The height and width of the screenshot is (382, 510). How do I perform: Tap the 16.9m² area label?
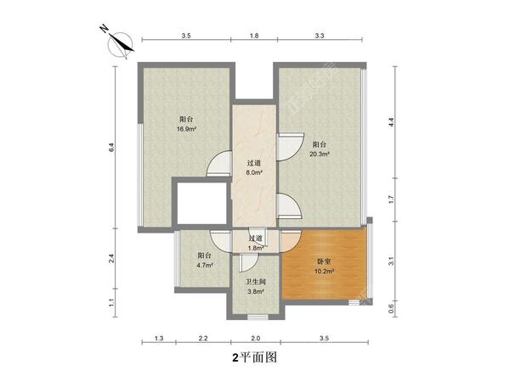pos(187,129)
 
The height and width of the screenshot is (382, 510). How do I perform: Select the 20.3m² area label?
pos(320,154)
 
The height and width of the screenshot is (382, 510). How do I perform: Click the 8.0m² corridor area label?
pos(253,172)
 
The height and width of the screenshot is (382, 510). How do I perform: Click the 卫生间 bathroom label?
pos(254,281)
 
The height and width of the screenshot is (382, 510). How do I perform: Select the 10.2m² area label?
pos(324,272)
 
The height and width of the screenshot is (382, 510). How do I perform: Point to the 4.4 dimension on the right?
pos(391,122)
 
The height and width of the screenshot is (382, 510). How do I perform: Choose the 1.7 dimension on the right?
pos(391,201)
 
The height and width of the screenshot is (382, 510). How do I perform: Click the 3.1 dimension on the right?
pos(391,261)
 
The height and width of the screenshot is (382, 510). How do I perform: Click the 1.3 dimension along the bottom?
pos(159,340)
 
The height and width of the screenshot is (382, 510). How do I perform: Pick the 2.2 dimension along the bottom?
pos(202,340)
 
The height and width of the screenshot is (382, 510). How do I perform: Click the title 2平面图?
pos(254,358)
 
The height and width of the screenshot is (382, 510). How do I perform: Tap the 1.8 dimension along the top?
pos(253,36)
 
